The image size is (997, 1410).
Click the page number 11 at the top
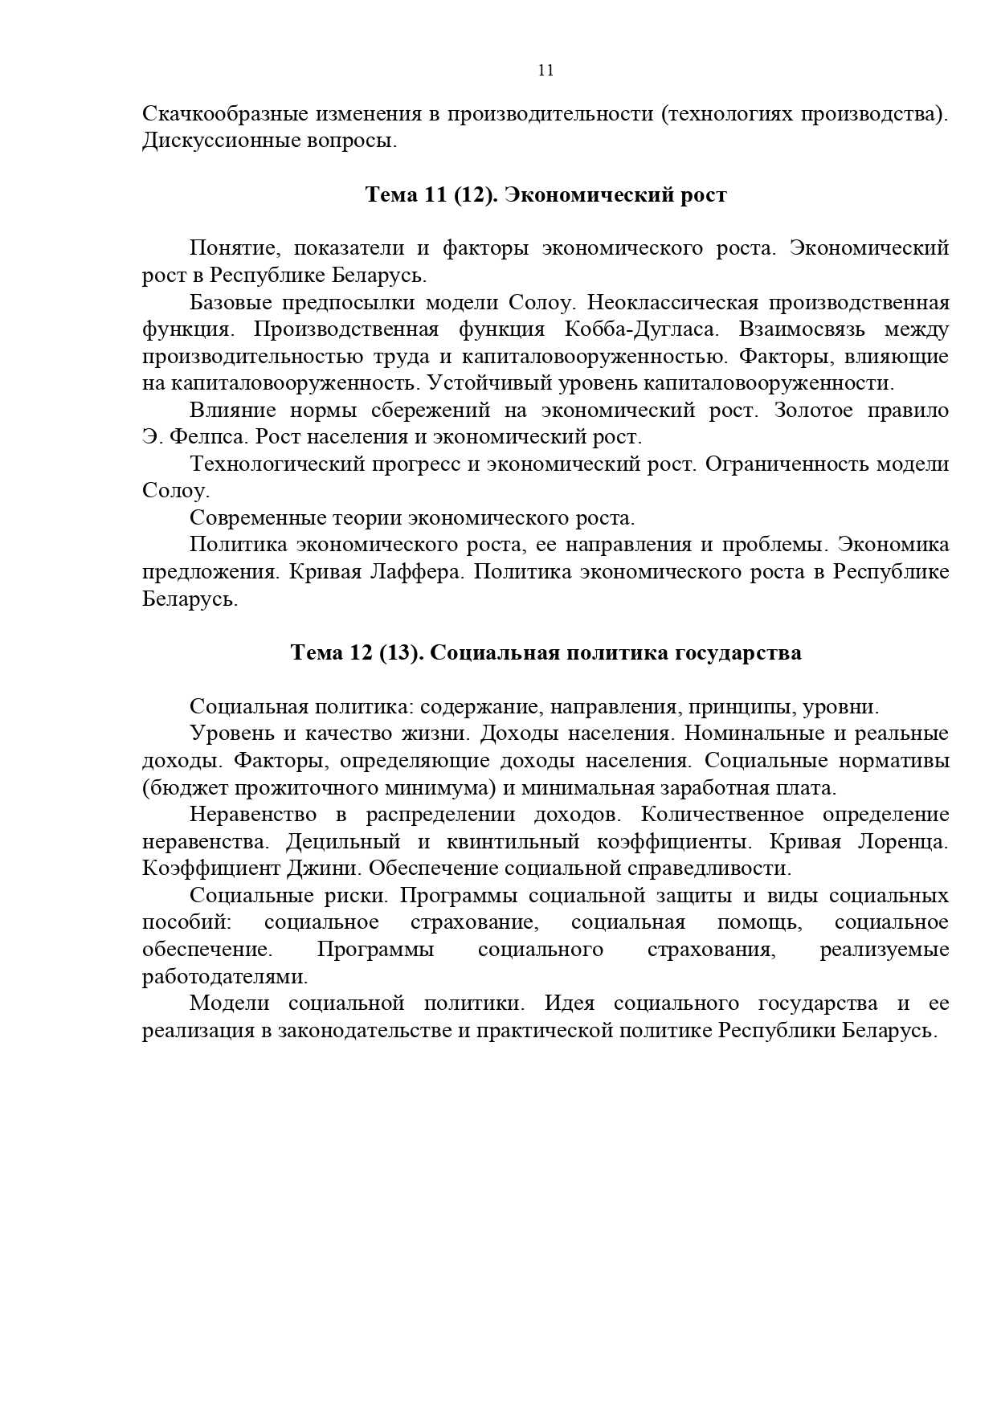(545, 70)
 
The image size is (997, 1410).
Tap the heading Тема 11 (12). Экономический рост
(545, 195)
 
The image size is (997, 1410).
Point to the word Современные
(257, 518)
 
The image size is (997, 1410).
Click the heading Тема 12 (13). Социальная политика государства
(545, 653)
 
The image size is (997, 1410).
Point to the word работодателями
(224, 977)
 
